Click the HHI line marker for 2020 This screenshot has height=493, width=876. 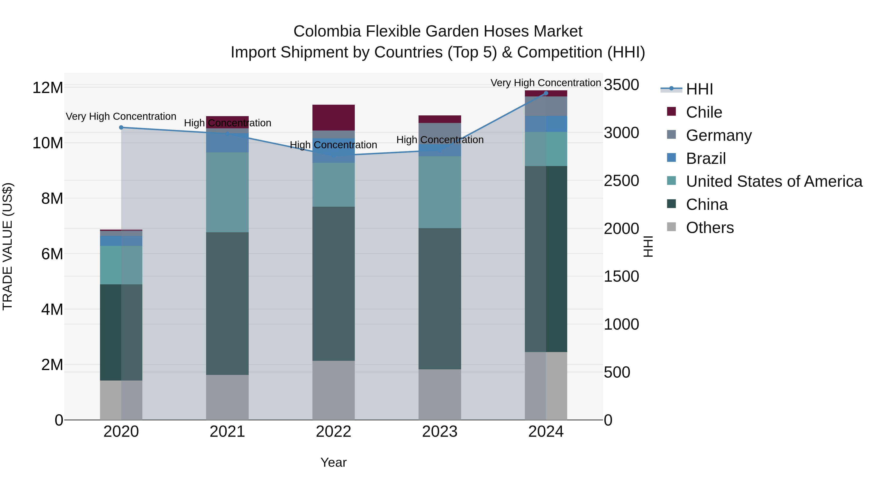[x=121, y=128]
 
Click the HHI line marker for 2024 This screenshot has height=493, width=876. [x=546, y=93]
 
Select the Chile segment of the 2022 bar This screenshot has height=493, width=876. [x=333, y=117]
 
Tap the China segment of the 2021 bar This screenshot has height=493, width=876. [x=227, y=304]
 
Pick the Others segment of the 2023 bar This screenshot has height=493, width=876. [x=440, y=394]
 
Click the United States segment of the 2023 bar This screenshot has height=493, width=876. [x=440, y=192]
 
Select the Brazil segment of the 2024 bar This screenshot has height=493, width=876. [x=546, y=124]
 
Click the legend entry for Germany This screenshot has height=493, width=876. [x=718, y=135]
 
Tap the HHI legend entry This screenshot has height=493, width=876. [x=699, y=89]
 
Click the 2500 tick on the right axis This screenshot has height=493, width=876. [x=621, y=181]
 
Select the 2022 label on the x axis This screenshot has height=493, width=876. [x=333, y=432]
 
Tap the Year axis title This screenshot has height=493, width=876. [x=333, y=462]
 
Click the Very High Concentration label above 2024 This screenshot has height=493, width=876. [x=546, y=83]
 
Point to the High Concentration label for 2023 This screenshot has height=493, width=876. [x=440, y=140]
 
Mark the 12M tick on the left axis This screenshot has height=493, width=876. [x=48, y=88]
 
